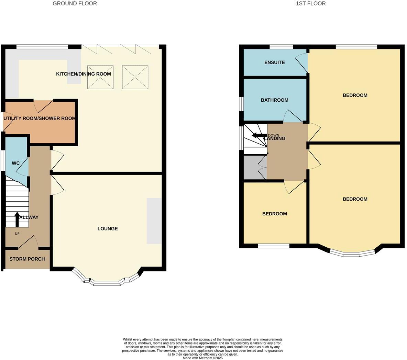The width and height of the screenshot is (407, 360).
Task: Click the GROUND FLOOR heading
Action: pos(75,3)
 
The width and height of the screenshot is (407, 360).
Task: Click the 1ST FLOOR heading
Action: pos(310,3)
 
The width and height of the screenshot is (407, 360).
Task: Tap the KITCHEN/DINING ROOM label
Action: pos(84,74)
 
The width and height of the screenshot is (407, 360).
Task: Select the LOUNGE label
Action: pos(108,229)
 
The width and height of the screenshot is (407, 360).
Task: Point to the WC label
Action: pos(16,163)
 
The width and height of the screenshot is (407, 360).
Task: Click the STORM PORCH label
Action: pos(27,259)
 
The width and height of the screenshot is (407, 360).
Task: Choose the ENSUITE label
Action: pos(274,63)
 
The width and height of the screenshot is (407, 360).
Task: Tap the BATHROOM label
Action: pos(274,100)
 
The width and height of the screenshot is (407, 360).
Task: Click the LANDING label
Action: pos(275,139)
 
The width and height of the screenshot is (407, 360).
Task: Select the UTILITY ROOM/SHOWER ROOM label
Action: pos(39,119)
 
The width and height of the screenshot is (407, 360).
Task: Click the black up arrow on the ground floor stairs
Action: pos(17,219)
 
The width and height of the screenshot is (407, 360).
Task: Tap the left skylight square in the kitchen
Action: pos(100,77)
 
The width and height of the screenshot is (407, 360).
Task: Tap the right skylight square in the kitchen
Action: pos(135,77)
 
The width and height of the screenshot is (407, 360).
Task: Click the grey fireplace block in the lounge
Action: pos(154,221)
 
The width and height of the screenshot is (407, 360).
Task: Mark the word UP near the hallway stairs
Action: pos(17,234)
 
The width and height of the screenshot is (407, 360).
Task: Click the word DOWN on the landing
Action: pos(274,135)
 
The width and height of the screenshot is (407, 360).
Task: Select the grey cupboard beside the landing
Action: pos(254,167)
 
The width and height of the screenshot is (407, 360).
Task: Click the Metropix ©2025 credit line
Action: pos(203,358)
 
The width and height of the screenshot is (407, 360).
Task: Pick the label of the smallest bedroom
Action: pos(274,214)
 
